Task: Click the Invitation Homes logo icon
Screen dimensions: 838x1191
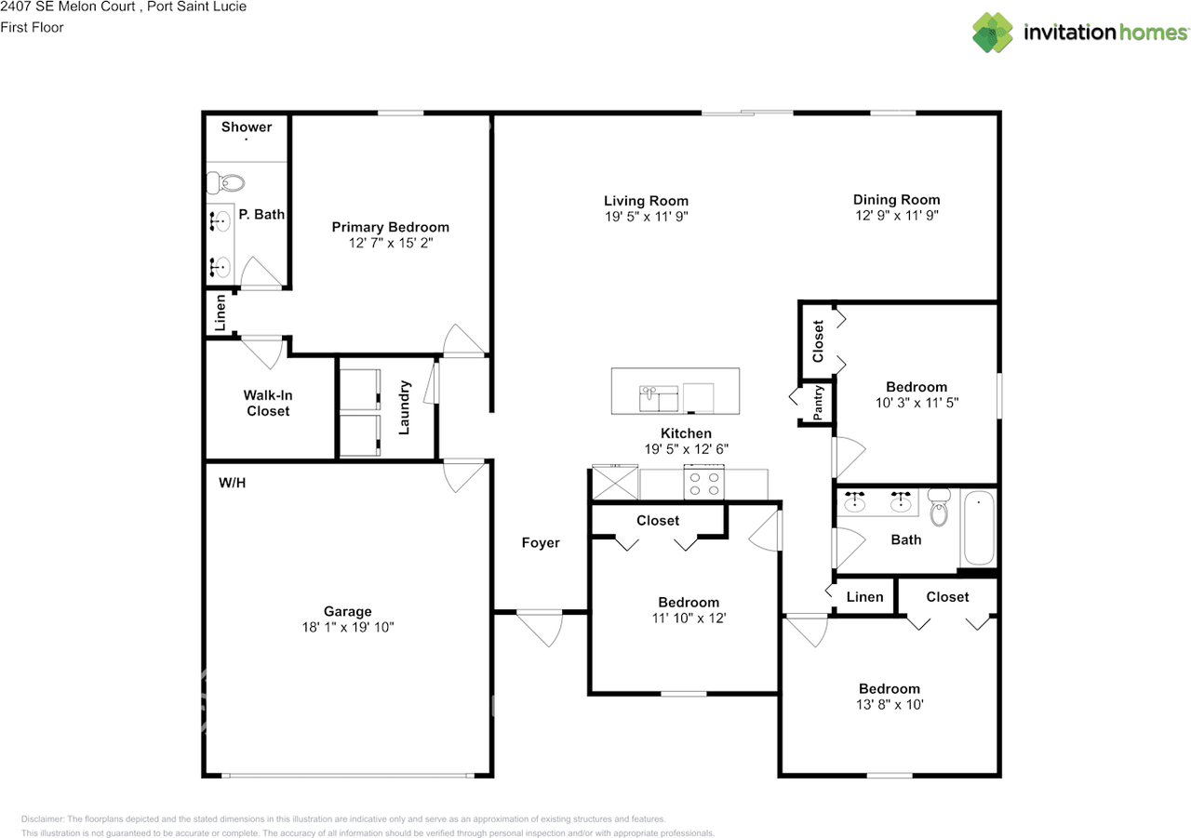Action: (x=994, y=33)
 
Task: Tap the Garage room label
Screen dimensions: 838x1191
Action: (x=347, y=611)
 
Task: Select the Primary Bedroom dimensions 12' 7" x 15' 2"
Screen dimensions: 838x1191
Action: (x=390, y=243)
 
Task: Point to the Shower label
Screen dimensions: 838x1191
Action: (x=247, y=126)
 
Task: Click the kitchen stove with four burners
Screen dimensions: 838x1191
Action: (x=703, y=482)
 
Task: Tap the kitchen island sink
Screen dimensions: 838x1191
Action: (x=659, y=398)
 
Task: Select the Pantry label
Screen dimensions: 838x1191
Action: (x=818, y=403)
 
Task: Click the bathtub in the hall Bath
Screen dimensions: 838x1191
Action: (x=978, y=528)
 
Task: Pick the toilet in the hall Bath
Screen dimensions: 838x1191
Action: (x=938, y=510)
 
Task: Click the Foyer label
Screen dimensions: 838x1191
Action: (x=541, y=542)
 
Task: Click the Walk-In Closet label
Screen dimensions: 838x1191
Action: (x=268, y=403)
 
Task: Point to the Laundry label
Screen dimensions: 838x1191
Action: (x=405, y=407)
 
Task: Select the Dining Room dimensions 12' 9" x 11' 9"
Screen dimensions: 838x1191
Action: (x=896, y=215)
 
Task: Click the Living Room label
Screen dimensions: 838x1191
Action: (x=646, y=200)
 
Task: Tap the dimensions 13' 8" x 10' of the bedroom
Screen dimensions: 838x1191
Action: (x=889, y=704)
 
